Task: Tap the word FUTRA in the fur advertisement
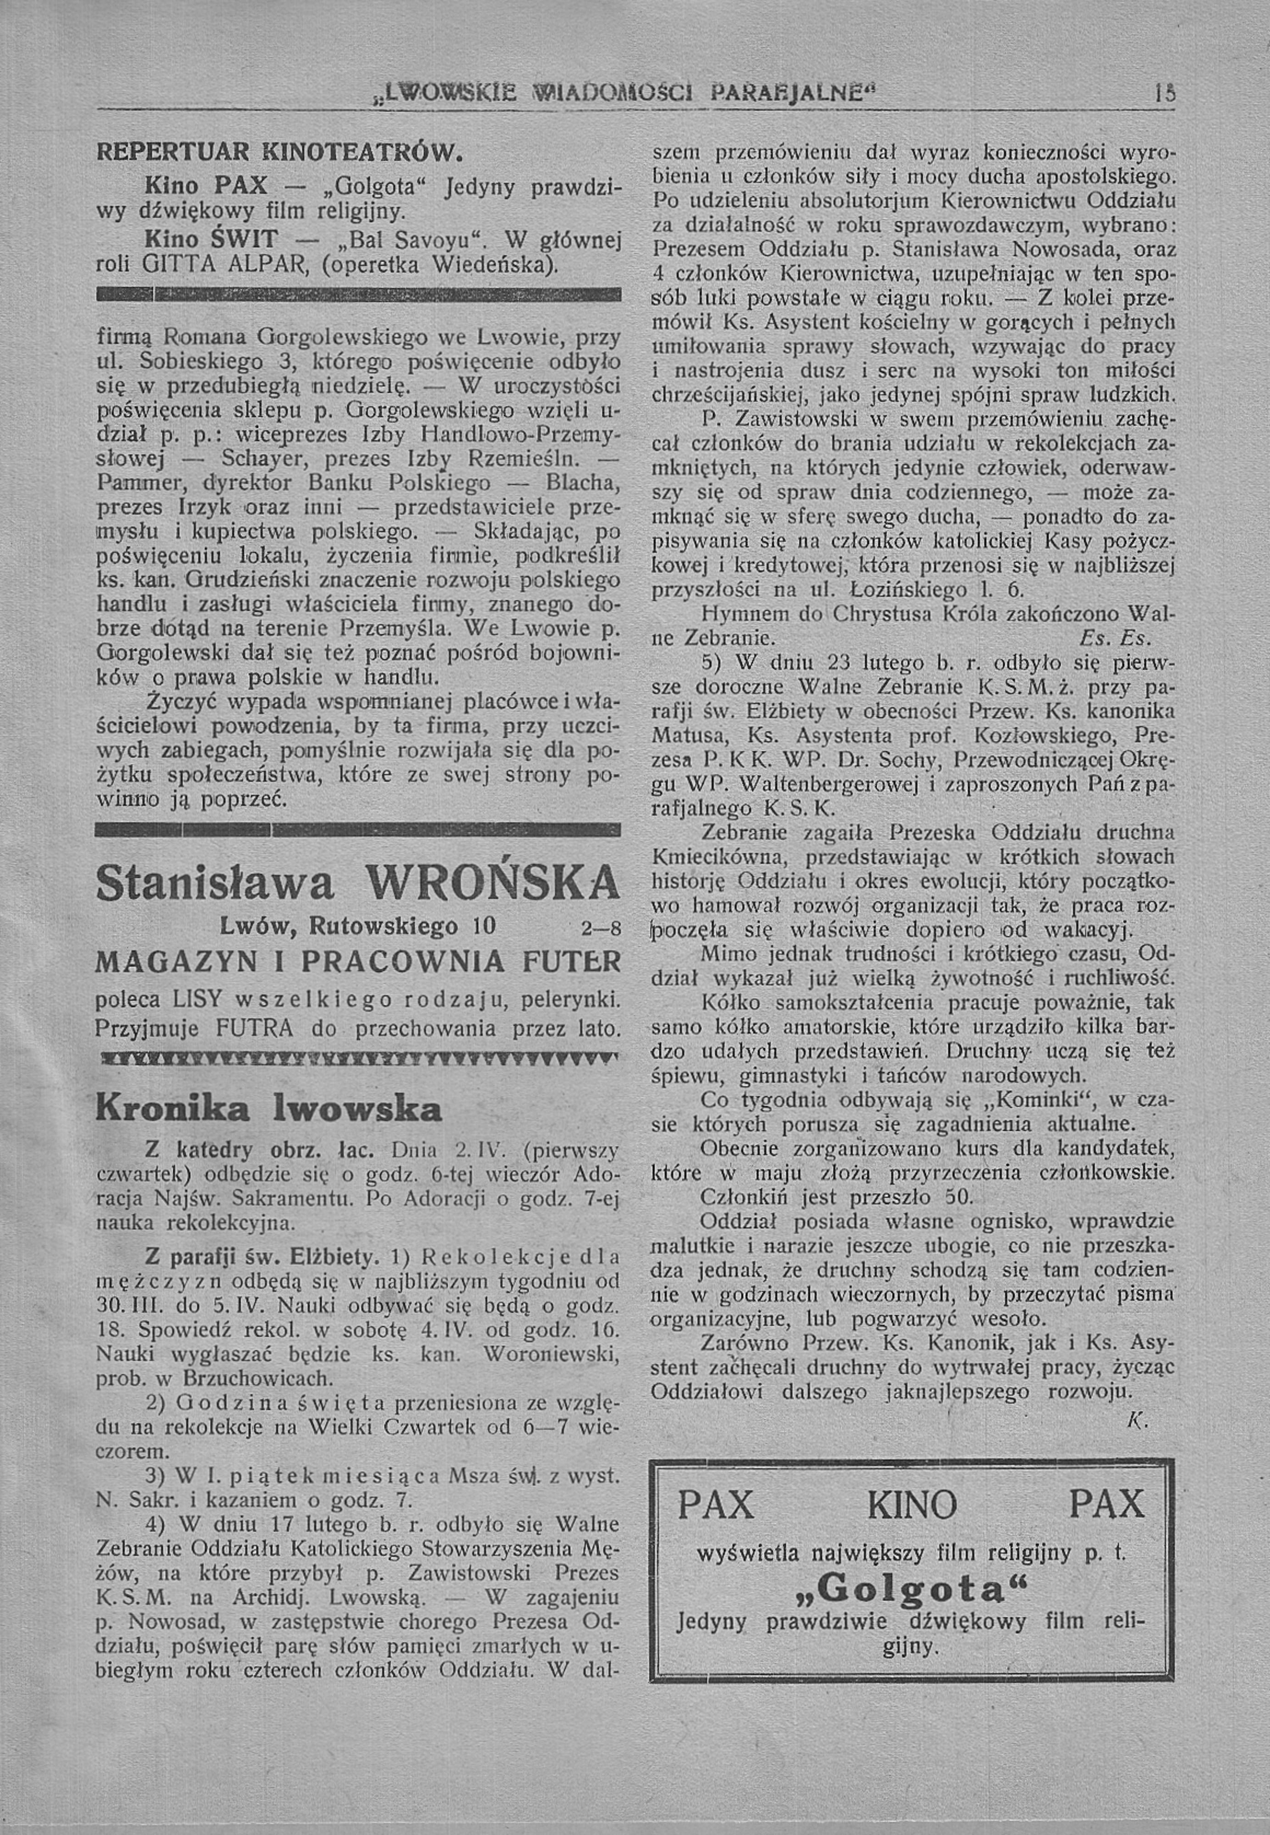pyautogui.click(x=254, y=1028)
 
